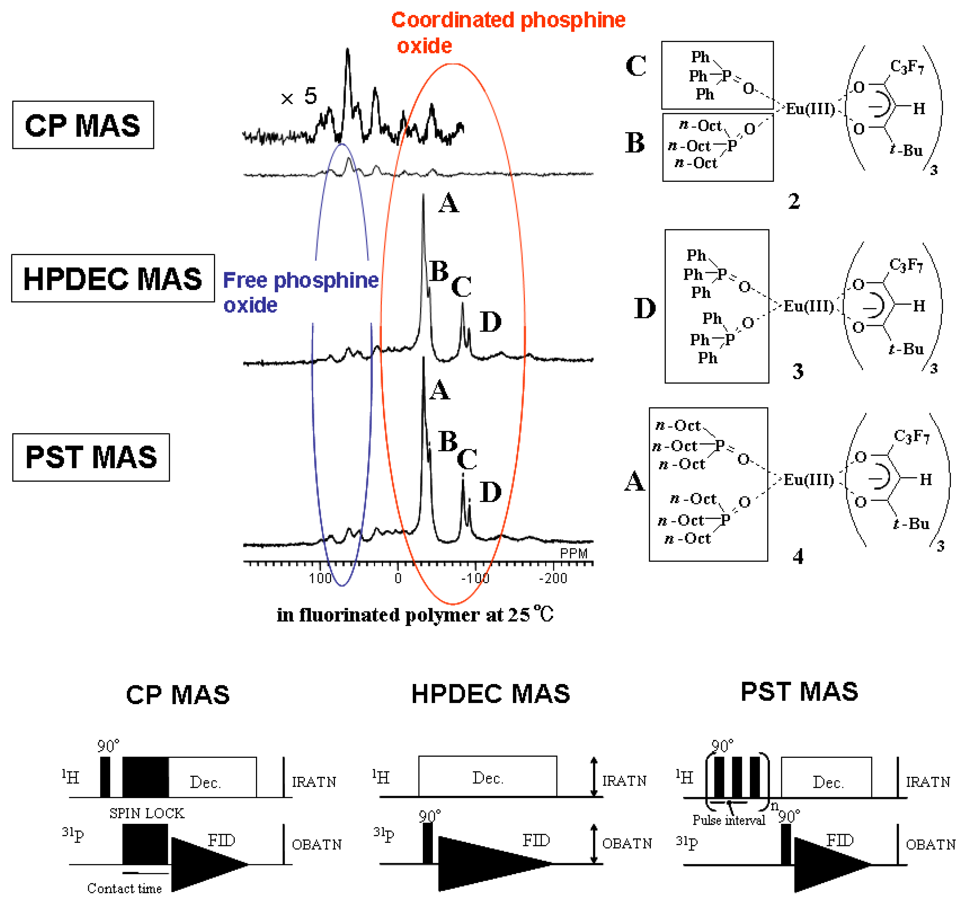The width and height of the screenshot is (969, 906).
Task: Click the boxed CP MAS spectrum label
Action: tap(83, 125)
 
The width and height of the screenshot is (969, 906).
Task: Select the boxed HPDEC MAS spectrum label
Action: tap(113, 278)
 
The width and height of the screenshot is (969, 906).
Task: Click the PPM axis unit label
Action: tap(574, 554)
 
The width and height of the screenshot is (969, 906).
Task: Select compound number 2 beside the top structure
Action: tap(794, 201)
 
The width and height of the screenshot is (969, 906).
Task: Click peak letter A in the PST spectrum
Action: tap(440, 390)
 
